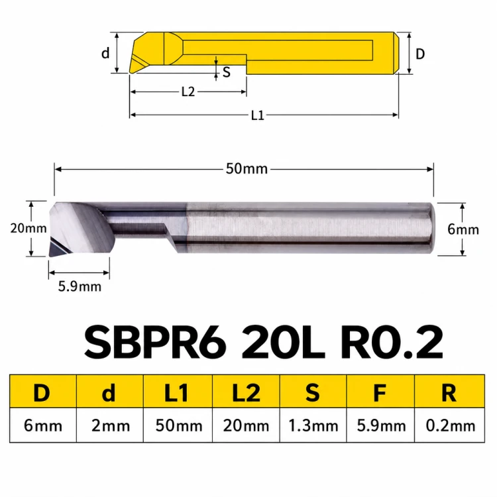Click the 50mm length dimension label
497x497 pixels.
(x=247, y=168)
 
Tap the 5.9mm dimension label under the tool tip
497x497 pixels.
(x=80, y=286)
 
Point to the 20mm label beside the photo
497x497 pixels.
(x=28, y=228)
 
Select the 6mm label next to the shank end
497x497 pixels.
(x=463, y=229)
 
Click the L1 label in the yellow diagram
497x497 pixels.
(x=257, y=115)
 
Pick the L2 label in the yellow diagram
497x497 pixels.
(x=188, y=92)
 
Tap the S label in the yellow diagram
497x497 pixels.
(x=227, y=72)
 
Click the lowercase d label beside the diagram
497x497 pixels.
(x=105, y=53)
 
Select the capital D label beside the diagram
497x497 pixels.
(x=420, y=54)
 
